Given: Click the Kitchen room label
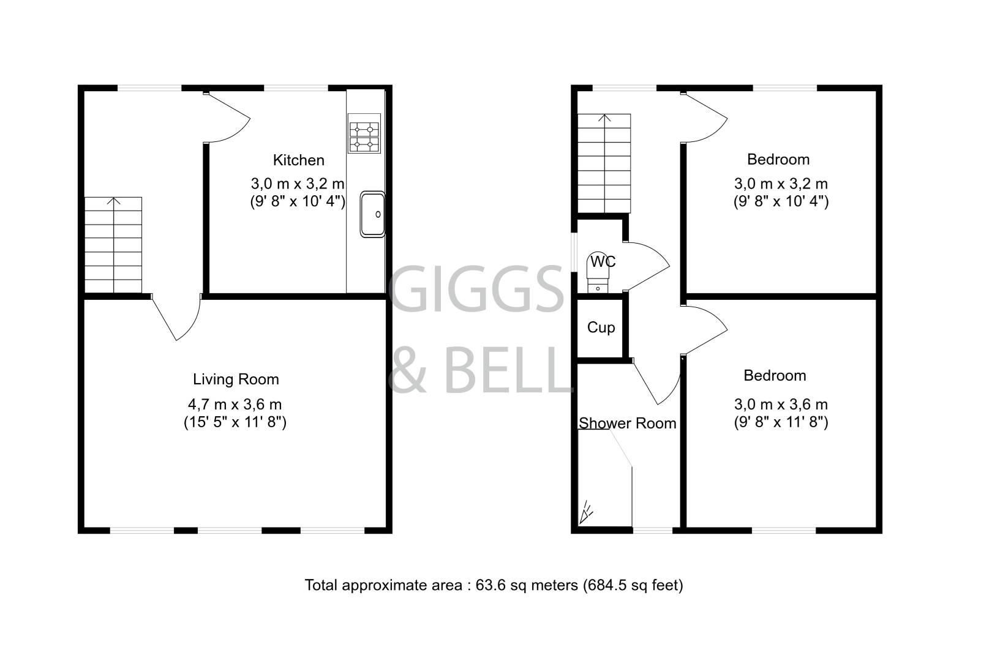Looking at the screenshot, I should [x=298, y=160].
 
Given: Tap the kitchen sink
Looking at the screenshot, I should [x=372, y=214].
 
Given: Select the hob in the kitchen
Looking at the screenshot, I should [x=364, y=136].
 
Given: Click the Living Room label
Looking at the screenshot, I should [x=236, y=379].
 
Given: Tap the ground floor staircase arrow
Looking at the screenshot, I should [x=113, y=202].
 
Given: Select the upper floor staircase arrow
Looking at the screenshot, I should [x=605, y=119].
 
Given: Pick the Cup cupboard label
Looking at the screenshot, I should [x=601, y=327].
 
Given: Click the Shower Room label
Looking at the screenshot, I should [x=628, y=424].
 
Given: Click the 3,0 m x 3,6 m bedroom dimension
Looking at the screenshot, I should [x=781, y=405].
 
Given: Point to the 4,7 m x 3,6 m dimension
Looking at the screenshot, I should [x=235, y=405].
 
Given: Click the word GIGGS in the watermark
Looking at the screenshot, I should [x=476, y=288].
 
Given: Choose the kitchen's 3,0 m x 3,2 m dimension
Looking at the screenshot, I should [x=298, y=184].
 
